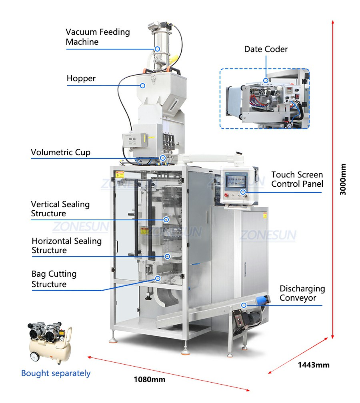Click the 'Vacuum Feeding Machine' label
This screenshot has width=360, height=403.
[98, 37]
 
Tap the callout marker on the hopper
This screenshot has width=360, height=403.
[142, 86]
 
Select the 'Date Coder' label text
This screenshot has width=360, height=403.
[266, 49]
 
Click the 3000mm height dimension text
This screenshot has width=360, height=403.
[343, 179]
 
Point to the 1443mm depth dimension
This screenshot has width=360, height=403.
[314, 365]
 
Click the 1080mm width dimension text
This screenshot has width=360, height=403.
[150, 380]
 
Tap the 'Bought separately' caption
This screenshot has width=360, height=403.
[56, 373]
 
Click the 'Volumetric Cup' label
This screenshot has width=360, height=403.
[60, 152]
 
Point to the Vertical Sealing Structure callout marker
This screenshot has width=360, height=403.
[166, 219]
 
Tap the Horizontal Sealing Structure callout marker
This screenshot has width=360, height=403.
[167, 256]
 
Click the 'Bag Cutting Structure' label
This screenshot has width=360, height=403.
[54, 279]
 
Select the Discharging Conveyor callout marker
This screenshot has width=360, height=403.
[244, 305]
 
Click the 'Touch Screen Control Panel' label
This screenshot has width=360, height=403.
[297, 179]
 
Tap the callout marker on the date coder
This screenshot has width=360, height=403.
[266, 80]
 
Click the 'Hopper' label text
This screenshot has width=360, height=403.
[81, 78]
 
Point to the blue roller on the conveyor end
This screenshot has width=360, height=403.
[262, 300]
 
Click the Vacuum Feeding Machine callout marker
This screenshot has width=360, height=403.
[157, 49]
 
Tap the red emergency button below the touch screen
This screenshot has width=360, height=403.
[226, 195]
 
